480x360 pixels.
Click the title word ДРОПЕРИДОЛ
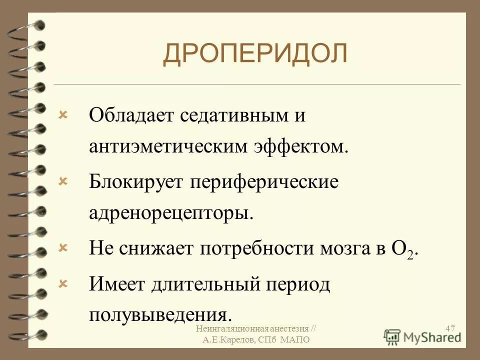255,54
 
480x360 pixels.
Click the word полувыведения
160,314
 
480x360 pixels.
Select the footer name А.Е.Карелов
229,340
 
